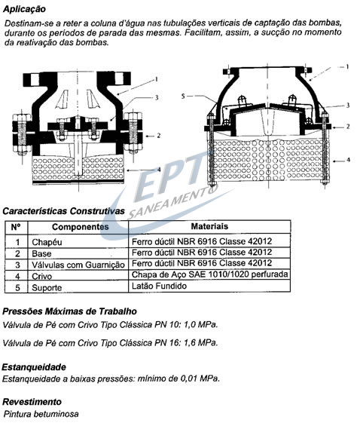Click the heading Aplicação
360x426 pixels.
click(24, 9)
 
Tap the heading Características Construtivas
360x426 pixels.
click(63, 211)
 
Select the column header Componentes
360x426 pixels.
click(81, 227)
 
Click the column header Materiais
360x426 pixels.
click(209, 226)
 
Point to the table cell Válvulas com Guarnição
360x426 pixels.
click(78, 265)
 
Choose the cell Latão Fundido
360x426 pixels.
click(159, 286)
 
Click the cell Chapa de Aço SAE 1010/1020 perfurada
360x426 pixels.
click(209, 274)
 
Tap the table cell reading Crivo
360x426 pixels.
click(41, 276)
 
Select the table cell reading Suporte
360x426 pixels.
click(47, 288)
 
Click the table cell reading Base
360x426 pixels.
click(41, 254)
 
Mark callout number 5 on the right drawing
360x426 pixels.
click(183, 97)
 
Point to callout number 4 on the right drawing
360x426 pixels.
click(348, 160)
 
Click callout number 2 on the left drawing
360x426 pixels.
click(158, 135)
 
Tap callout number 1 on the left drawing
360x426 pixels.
click(156, 79)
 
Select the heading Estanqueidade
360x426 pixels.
click(34, 367)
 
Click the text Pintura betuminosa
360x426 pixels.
click(41, 414)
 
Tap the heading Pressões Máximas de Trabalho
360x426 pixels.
click(69, 311)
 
